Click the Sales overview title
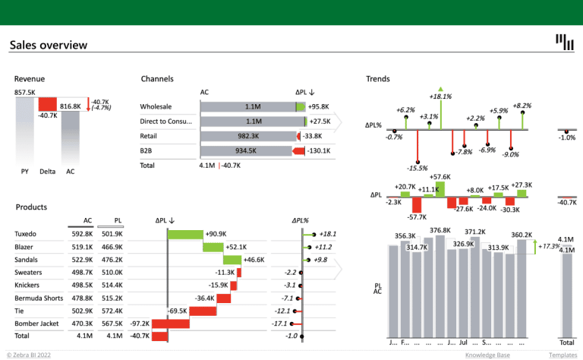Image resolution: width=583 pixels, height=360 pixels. [49, 46]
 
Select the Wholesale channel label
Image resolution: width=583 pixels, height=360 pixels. [156, 106]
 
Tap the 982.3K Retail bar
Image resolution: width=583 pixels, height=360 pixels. [247, 136]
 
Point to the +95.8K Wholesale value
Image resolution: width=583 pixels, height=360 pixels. [319, 106]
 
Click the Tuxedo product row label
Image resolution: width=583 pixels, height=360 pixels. [26, 234]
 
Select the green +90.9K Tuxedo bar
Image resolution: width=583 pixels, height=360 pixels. [185, 234]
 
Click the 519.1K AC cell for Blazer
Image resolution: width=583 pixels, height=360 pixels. [83, 247]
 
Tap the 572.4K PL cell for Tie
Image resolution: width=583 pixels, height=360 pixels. [111, 311]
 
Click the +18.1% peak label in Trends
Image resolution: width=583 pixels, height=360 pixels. [440, 96]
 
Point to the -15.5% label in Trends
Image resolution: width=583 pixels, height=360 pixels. [417, 168]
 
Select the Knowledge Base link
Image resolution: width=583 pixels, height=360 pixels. [487, 355]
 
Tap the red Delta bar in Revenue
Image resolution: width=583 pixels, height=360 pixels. [47, 104]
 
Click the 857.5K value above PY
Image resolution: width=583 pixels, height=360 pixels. [25, 93]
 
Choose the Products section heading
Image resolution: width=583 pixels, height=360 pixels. [31, 207]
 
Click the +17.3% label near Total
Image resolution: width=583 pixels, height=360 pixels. [548, 247]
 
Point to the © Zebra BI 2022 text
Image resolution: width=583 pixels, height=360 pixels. [28, 355]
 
